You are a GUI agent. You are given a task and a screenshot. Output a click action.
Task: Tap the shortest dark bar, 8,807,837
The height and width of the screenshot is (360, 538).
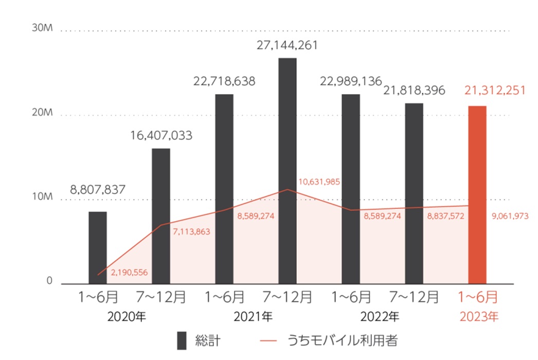pyautogui.click(x=98, y=247)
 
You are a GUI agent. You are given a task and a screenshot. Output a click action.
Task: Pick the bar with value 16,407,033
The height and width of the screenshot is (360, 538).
pyautogui.click(x=161, y=216)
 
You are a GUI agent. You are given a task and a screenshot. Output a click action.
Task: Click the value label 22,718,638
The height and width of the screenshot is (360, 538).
pyautogui.click(x=224, y=81)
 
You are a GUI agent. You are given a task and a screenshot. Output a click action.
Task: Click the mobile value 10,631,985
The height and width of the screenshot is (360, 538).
pyautogui.click(x=319, y=182)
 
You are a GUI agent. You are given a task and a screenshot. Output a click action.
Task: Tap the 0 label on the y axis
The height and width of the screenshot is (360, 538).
pyautogui.click(x=50, y=281)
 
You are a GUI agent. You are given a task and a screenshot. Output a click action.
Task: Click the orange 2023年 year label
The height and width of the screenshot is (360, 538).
pyautogui.click(x=478, y=316)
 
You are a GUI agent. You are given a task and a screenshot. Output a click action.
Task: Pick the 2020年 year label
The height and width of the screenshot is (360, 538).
pyautogui.click(x=127, y=316)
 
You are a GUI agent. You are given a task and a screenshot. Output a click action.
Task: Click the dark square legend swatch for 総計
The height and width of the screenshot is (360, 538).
pyautogui.click(x=182, y=340)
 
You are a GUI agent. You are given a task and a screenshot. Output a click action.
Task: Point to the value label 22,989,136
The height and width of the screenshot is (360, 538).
pyautogui.click(x=350, y=81)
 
